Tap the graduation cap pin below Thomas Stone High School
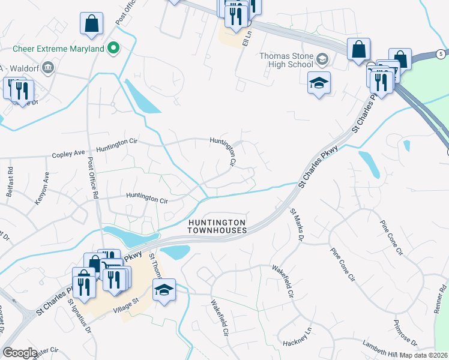pos(319,83)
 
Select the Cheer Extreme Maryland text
pos(58,49)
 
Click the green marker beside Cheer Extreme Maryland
pos(112,49)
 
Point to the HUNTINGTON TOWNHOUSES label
pos(217,226)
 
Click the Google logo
pos(20,352)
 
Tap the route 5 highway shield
pos(440,55)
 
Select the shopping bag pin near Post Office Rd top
pos(91,24)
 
